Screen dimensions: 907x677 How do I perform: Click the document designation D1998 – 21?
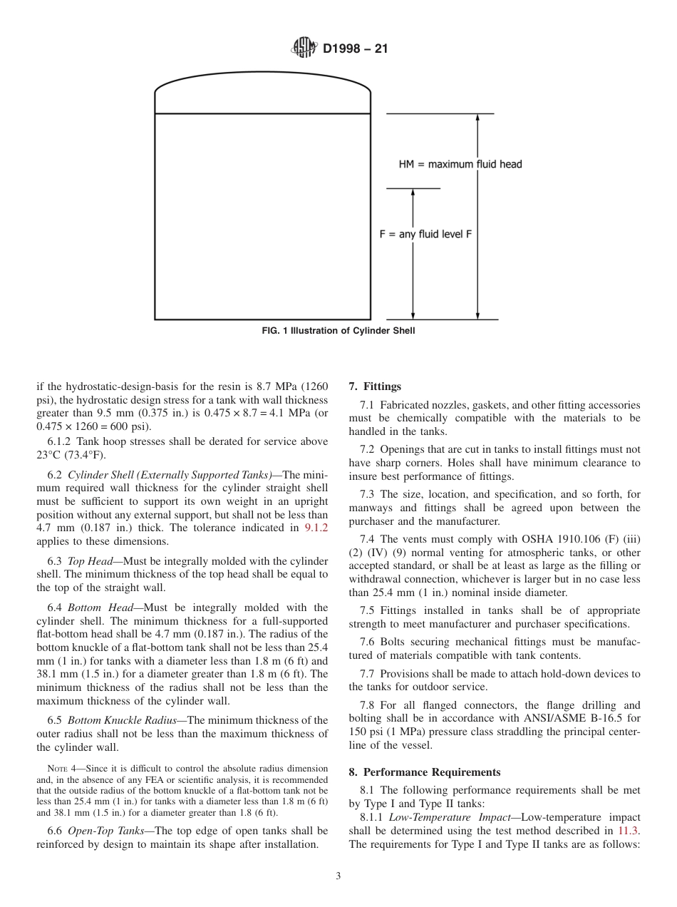(355, 49)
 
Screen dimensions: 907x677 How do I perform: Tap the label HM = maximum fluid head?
(460, 165)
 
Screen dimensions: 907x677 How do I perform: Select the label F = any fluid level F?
(425, 234)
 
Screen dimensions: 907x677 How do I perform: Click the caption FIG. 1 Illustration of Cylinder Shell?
(338, 331)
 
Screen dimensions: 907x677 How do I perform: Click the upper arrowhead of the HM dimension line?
(477, 118)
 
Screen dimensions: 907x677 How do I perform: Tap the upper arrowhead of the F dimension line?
(413, 193)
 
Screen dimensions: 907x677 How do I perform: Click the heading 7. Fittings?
(375, 386)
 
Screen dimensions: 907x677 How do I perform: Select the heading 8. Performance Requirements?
(425, 772)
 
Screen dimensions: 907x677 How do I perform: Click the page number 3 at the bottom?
(338, 876)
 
